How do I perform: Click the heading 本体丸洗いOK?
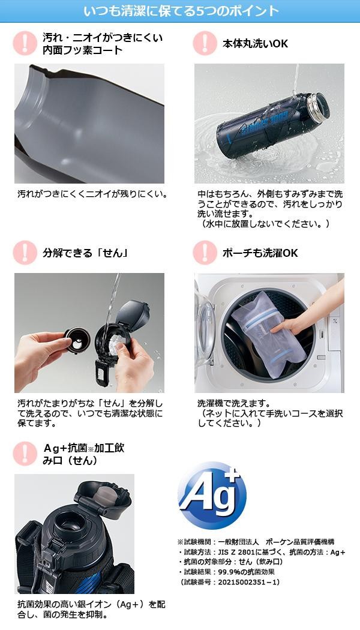point(255,43)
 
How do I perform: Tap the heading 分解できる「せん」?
point(85,253)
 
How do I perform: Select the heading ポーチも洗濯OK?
point(260,253)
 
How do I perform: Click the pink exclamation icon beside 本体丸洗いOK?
point(205,43)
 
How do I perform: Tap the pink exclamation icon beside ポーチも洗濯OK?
point(205,253)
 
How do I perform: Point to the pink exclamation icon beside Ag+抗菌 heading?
point(25,454)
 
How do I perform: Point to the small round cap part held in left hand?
point(77,340)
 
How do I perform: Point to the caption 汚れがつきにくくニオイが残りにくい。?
point(92,194)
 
